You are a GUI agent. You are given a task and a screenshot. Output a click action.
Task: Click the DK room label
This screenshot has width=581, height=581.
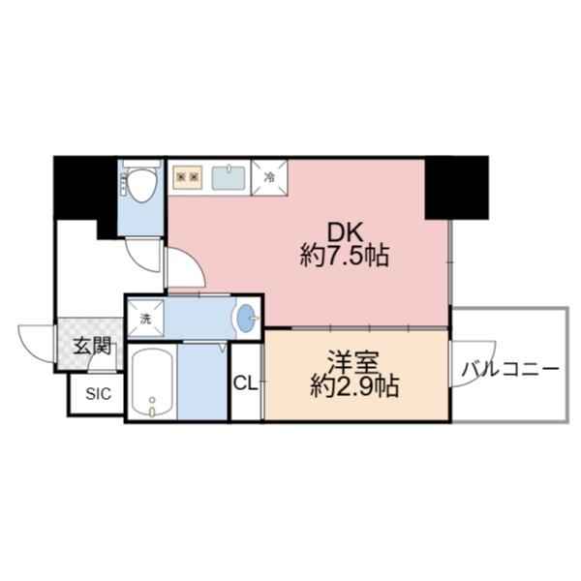click(x=344, y=232)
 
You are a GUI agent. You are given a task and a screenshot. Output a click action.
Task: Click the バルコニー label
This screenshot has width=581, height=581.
click(x=509, y=369)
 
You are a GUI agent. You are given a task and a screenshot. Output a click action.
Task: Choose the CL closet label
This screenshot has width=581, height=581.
click(x=246, y=382)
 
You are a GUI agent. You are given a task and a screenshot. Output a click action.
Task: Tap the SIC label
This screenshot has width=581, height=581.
click(x=97, y=394)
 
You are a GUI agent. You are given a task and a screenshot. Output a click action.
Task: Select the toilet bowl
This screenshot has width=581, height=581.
click(x=141, y=184)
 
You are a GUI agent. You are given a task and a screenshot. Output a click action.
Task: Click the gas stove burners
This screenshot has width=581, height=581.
click(x=188, y=177)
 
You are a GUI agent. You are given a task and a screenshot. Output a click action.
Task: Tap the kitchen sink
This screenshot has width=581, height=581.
click(x=228, y=177)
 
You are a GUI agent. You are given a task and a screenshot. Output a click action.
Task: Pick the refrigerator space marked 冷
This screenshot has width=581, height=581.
click(x=270, y=178)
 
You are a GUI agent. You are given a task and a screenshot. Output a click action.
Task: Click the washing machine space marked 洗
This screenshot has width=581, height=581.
click(x=146, y=318)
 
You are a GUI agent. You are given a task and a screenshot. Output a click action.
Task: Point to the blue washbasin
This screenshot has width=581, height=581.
click(x=247, y=318)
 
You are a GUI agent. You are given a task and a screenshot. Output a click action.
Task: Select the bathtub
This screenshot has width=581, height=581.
click(x=152, y=382)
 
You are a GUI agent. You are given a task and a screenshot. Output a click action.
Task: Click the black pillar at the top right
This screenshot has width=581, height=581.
click(x=456, y=186)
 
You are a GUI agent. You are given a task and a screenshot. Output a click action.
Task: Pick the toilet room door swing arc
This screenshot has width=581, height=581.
click(x=145, y=254)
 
